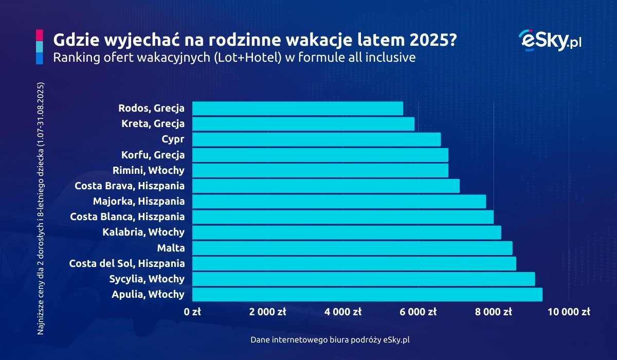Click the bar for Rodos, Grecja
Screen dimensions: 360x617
[297, 109]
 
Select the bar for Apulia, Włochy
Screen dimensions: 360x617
[367, 295]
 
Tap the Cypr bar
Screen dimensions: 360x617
[316, 139]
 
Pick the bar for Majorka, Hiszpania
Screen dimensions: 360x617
[339, 202]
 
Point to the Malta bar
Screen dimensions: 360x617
[352, 248]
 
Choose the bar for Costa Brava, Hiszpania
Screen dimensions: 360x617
[325, 186]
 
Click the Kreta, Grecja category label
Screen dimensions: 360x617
[153, 124]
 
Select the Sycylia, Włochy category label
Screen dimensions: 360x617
[147, 279]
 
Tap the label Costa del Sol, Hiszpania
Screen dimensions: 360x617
[126, 264]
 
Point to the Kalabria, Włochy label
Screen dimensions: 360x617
[143, 232]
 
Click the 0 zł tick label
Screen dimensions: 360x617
[192, 312]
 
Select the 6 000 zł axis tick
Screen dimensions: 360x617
[418, 312]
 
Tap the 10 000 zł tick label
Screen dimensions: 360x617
[568, 312]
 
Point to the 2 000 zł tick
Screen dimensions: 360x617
[267, 312]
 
